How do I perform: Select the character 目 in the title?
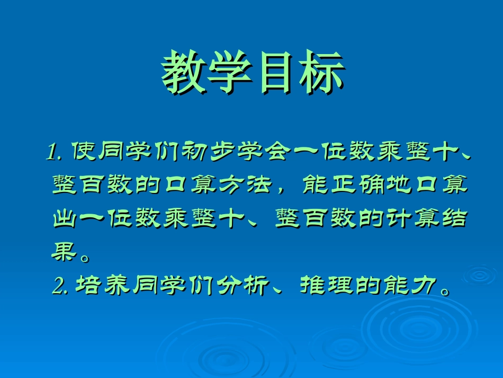[x=275, y=73]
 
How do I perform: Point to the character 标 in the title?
[x=321, y=73]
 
